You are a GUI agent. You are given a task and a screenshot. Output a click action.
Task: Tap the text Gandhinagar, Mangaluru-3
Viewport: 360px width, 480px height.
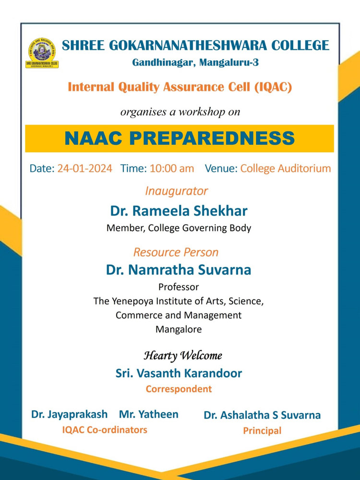point(195,62)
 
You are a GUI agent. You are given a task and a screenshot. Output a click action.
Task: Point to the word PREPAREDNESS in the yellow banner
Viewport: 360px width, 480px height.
point(216,138)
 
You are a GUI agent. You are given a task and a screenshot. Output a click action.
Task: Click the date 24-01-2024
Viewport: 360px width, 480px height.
point(85,168)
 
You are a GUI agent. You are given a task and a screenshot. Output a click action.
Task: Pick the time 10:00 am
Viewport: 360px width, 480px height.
point(172,168)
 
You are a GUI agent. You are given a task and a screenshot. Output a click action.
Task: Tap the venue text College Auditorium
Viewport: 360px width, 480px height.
point(286,168)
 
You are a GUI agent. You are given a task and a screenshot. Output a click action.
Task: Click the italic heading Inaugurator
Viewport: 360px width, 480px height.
point(177,191)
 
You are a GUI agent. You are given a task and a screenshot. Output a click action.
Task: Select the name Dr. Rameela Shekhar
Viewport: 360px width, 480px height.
point(179,211)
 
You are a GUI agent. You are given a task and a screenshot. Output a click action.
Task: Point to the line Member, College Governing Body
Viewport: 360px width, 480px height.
point(179,228)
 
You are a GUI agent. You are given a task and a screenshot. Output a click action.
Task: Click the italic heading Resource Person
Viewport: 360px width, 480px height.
point(176,252)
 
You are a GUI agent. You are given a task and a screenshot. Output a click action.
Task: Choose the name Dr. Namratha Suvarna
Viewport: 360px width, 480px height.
point(179,270)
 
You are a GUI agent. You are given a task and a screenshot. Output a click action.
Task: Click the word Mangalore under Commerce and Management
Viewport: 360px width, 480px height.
point(179,330)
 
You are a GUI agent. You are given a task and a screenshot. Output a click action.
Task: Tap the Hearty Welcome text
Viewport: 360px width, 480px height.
point(183,356)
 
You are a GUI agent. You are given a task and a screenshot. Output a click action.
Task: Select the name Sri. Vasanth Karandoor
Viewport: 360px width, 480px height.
point(179,373)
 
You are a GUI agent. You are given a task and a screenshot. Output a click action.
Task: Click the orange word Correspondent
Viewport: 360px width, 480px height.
point(179,389)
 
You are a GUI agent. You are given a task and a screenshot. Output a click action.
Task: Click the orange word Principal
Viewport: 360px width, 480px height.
point(262,431)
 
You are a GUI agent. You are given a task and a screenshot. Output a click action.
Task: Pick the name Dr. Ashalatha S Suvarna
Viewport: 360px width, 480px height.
point(262,415)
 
